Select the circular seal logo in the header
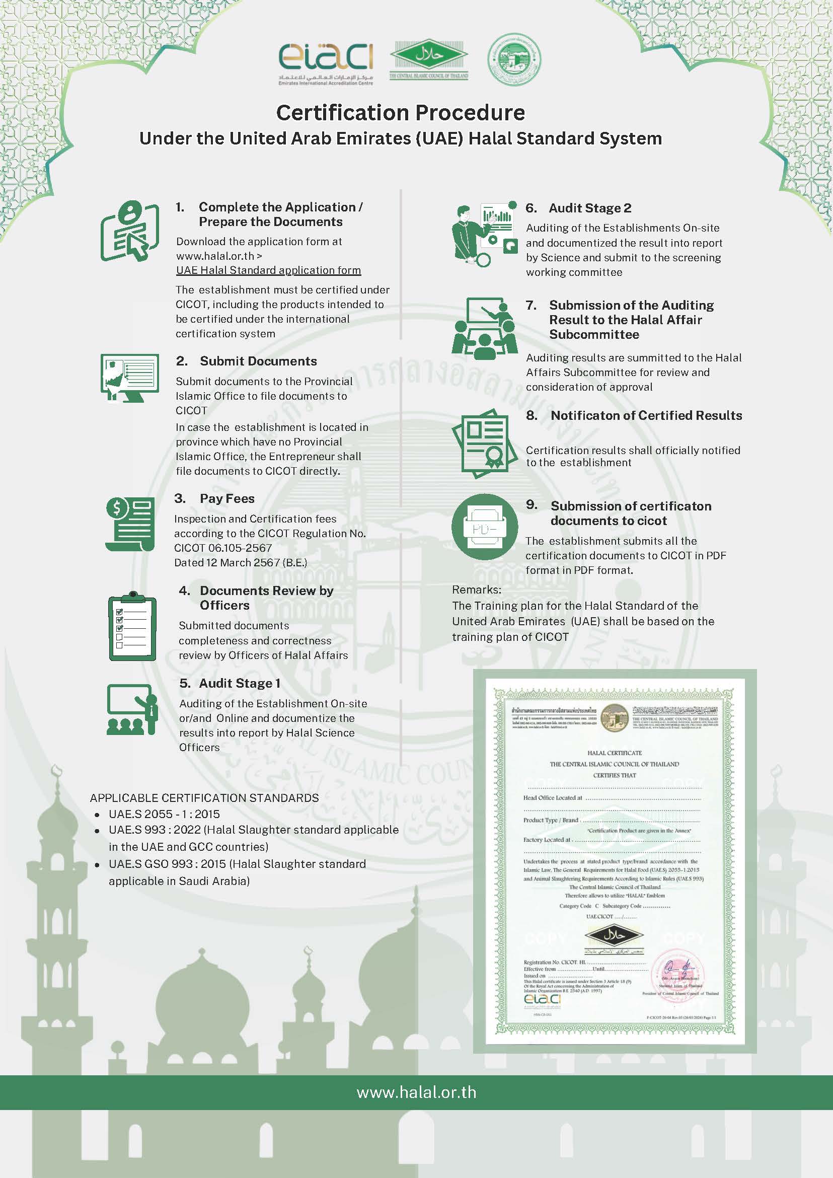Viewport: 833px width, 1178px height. (x=514, y=59)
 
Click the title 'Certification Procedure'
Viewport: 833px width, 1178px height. (x=401, y=113)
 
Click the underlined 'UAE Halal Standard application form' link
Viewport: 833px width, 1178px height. (x=268, y=270)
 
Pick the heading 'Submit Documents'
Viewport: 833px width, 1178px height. (x=258, y=361)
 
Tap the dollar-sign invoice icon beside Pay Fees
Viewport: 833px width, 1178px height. (x=130, y=524)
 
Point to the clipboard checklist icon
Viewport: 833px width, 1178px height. (x=132, y=627)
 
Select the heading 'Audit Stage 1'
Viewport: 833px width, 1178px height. (x=240, y=684)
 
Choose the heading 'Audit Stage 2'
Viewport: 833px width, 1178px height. (x=590, y=208)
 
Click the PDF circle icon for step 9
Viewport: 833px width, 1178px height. (x=484, y=527)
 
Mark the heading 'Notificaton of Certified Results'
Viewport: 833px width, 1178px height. (x=646, y=416)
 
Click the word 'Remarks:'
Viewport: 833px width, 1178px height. (x=477, y=590)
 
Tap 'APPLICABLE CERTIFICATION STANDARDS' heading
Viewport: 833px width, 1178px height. (x=204, y=798)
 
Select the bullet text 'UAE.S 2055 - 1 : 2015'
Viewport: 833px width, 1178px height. (x=164, y=814)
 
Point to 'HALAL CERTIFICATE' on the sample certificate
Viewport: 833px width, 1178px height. (x=615, y=753)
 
